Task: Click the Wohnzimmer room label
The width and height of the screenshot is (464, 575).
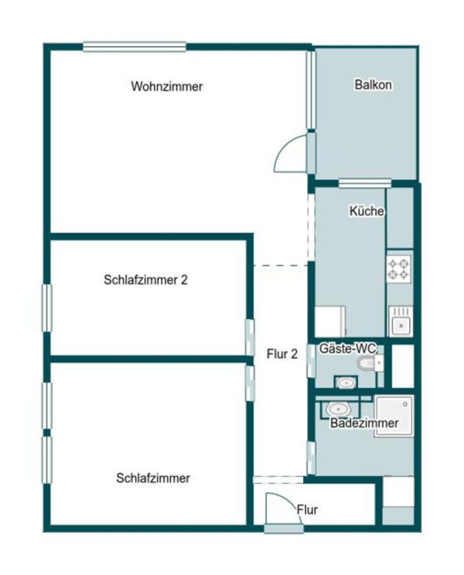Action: [x=167, y=86]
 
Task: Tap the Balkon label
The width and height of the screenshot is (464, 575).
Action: [x=373, y=84]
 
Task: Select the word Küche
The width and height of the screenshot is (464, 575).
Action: [x=366, y=211]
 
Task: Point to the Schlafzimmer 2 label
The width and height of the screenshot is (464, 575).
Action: [x=145, y=280]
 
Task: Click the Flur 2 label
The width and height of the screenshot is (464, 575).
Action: [x=282, y=355]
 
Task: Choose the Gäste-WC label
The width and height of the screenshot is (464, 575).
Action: [x=348, y=348]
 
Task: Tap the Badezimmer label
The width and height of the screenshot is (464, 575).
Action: [x=364, y=423]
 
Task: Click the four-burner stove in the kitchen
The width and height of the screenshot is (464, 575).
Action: [x=400, y=268]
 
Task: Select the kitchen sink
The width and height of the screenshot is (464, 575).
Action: [x=401, y=321]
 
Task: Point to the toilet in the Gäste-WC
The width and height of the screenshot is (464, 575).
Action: [x=370, y=364]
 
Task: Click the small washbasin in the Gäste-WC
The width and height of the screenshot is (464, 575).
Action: [x=346, y=383]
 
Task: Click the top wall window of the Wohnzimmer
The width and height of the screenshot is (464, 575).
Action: [x=134, y=47]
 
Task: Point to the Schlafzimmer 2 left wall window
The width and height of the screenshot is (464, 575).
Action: [x=47, y=308]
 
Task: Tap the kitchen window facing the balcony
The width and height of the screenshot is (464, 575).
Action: [x=364, y=184]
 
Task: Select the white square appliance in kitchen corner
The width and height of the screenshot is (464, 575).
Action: [x=331, y=321]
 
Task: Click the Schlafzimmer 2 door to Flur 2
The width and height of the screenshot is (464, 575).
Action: [x=250, y=337]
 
